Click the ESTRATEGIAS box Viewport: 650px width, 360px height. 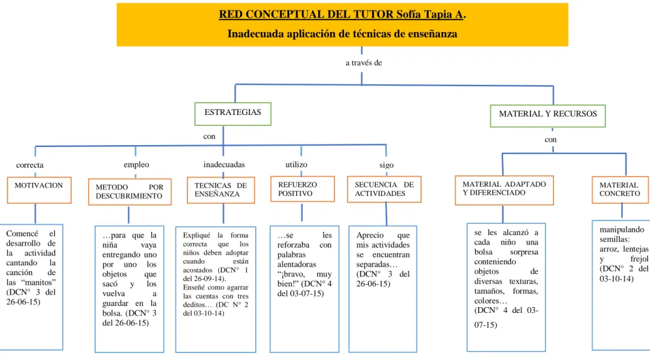pos(233,114)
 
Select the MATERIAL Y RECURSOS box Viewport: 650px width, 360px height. pos(548,116)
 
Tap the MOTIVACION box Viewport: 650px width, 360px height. pos(39,190)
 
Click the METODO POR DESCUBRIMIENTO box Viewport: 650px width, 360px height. pos(129,192)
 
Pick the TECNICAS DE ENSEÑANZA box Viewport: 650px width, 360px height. pos(221,190)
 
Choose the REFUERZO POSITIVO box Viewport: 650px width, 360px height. pos(302,189)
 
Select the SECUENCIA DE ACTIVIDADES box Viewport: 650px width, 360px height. pos(384,189)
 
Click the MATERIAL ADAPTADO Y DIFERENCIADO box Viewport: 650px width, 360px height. pos(504,190)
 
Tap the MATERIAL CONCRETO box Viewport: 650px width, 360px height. pos(620,190)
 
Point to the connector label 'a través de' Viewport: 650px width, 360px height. pos(363,63)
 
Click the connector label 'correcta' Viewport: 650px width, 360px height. pos(30,165)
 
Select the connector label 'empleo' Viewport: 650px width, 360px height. pos(136,165)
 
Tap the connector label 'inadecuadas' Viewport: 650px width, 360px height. pos(224,165)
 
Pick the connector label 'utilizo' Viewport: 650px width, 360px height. pos(296,165)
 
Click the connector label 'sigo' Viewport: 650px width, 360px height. pos(387,165)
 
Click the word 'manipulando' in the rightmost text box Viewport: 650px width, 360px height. pos(622,230)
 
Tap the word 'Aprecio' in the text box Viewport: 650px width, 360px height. pos(370,236)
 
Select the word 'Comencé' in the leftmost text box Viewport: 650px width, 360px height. pos(22,234)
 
